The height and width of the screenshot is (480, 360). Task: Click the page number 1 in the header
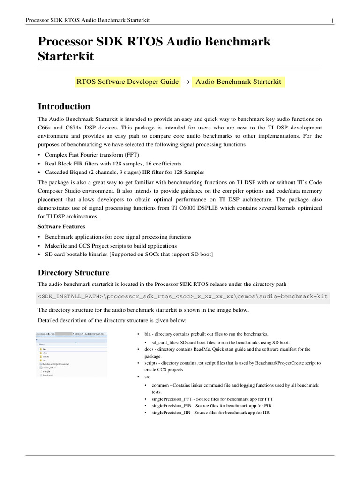click(x=332, y=20)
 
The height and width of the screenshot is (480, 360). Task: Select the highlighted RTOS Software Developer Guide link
click(x=127, y=82)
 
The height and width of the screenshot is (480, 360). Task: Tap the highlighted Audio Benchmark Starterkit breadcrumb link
click(x=238, y=82)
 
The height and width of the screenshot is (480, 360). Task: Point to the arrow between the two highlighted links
click(x=185, y=82)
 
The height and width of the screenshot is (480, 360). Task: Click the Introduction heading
click(x=64, y=106)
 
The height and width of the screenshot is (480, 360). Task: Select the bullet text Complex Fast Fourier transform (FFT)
click(x=92, y=155)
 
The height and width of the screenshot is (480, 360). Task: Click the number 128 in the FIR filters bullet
click(x=117, y=163)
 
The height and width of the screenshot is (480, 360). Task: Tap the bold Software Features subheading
click(x=61, y=226)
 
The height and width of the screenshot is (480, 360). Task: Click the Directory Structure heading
click(x=74, y=273)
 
